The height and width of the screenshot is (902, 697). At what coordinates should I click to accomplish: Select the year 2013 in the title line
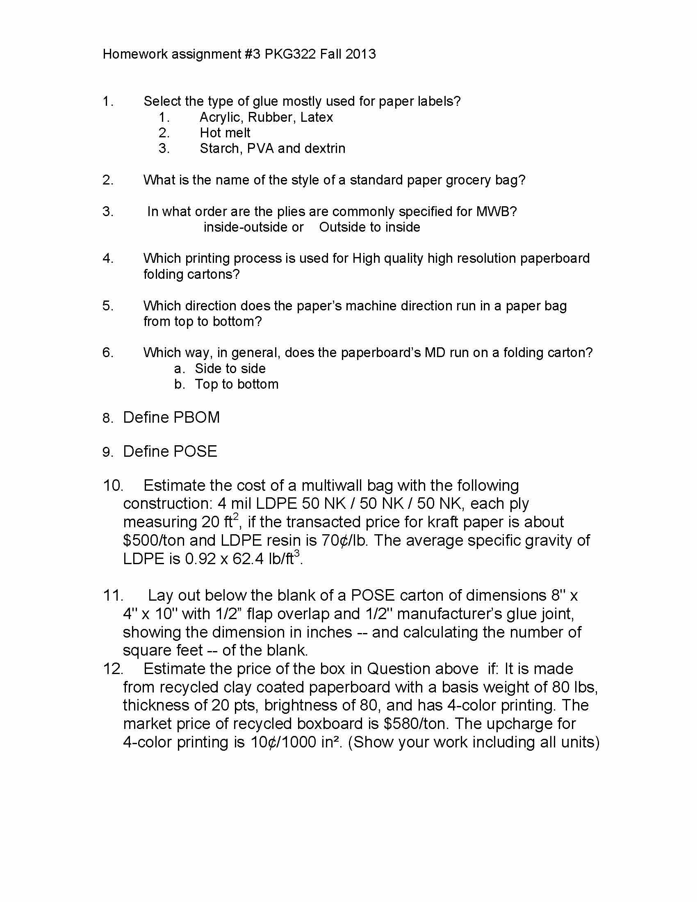tap(360, 54)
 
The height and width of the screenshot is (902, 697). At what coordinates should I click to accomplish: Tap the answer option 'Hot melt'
tap(225, 132)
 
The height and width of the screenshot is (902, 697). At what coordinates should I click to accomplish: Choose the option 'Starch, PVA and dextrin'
tap(273, 148)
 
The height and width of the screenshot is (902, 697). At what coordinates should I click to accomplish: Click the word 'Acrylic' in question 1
tap(221, 117)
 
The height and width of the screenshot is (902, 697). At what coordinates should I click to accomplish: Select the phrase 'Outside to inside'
tap(369, 227)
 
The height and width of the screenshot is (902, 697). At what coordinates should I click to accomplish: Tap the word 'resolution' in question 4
tap(484, 258)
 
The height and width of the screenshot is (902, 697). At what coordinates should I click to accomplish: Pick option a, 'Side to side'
tap(230, 369)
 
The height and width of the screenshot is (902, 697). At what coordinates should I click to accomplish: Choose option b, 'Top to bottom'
tap(237, 384)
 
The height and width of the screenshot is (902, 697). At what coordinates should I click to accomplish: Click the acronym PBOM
tap(196, 417)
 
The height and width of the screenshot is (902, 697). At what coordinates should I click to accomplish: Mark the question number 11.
tap(113, 596)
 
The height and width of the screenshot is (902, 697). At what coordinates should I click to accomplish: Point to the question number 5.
tap(108, 306)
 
